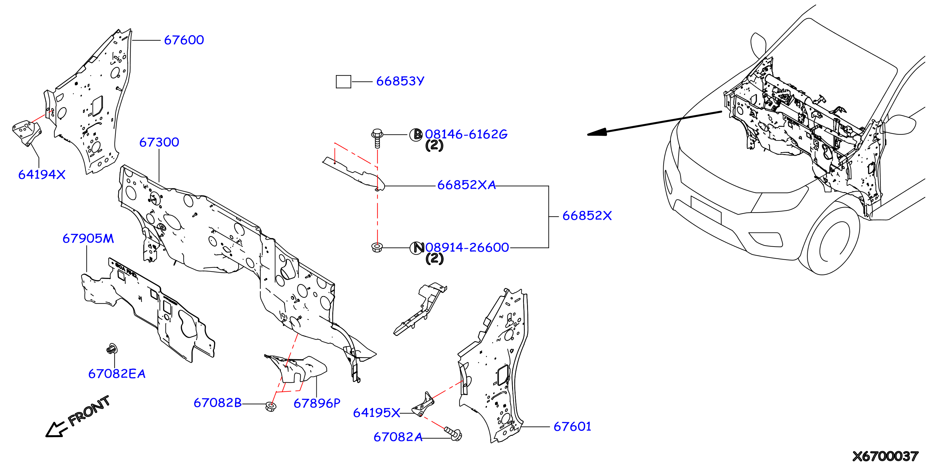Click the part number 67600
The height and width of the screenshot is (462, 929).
point(184,40)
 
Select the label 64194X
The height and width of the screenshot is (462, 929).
point(42,175)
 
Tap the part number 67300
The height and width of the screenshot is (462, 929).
point(159,142)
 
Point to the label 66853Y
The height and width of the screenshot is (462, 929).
point(400,81)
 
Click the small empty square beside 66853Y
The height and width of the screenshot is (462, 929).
point(343,82)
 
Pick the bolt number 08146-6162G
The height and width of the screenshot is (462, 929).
point(466,134)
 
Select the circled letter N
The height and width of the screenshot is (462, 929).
point(417,247)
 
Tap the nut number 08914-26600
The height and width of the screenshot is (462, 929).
point(467,247)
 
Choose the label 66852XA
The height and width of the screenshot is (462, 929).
point(466,185)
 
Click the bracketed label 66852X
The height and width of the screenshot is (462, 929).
point(587,216)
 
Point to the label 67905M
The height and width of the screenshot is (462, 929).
point(88,238)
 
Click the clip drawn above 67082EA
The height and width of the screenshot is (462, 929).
point(112,349)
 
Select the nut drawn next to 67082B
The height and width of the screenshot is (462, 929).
point(270,406)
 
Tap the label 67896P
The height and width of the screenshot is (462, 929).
point(317,403)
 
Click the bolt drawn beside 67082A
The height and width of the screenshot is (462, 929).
point(453,433)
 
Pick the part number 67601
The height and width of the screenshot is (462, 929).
point(572,427)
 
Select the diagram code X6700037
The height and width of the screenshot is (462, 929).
point(885,456)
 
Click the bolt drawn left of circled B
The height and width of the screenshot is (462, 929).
point(377,138)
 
